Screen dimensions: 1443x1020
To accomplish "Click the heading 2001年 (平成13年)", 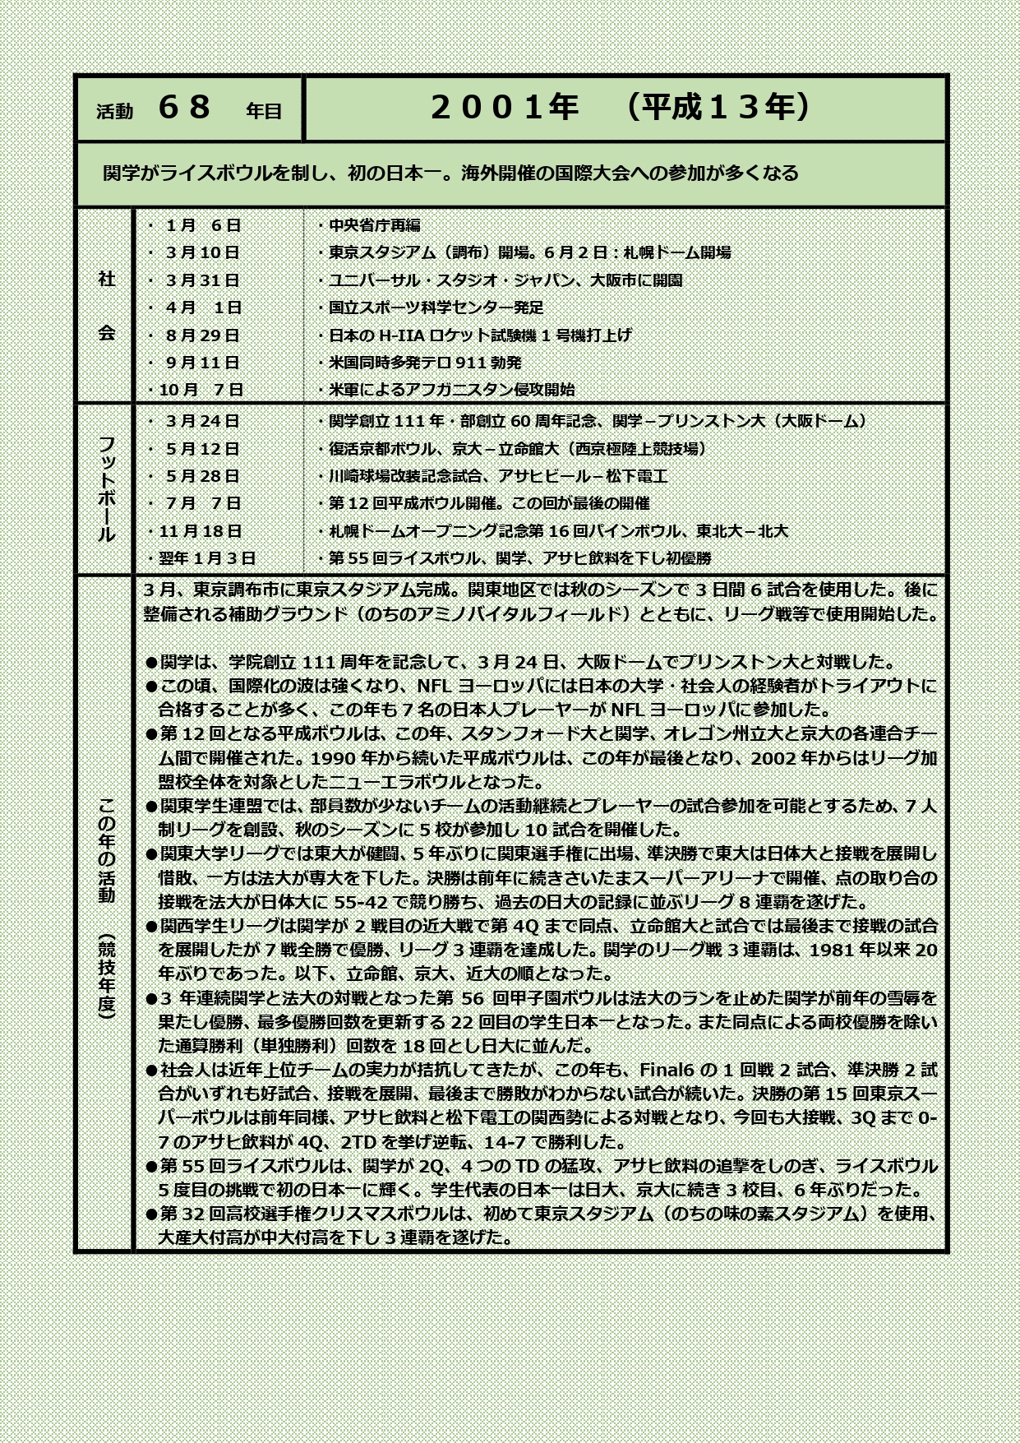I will [621, 108].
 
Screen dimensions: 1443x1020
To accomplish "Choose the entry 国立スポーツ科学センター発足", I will [436, 308].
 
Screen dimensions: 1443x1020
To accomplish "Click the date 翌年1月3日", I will [206, 558].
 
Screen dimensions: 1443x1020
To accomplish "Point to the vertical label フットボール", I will [107, 489].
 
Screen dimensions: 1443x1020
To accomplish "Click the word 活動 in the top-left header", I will [114, 112].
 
